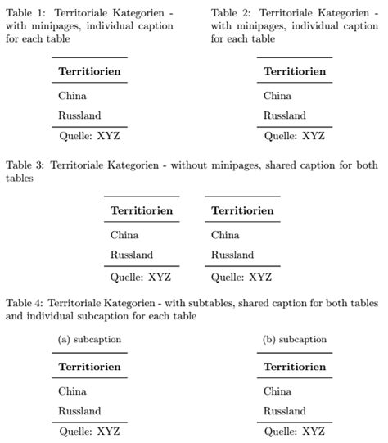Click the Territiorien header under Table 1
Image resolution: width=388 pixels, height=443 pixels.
coord(89,71)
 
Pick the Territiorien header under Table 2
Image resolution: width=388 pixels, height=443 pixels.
coord(295,71)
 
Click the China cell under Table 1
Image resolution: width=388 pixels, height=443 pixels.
coord(73,96)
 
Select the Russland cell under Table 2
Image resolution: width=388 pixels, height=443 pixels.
coord(285,115)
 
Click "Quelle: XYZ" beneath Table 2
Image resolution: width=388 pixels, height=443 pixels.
coord(295,136)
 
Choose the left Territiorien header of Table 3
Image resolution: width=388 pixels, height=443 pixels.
coord(142,210)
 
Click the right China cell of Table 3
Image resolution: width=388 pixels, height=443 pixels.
coord(225,235)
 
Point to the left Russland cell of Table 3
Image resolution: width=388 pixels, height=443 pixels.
coord(131,255)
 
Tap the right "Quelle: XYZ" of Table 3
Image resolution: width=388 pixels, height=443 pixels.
coord(241,277)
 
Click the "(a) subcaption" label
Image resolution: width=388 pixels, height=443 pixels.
coord(89,340)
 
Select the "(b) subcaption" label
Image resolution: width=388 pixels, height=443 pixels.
coord(295,340)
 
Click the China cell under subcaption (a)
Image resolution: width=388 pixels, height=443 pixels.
coord(73,391)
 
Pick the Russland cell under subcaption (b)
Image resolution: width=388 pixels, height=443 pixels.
coord(285,411)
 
